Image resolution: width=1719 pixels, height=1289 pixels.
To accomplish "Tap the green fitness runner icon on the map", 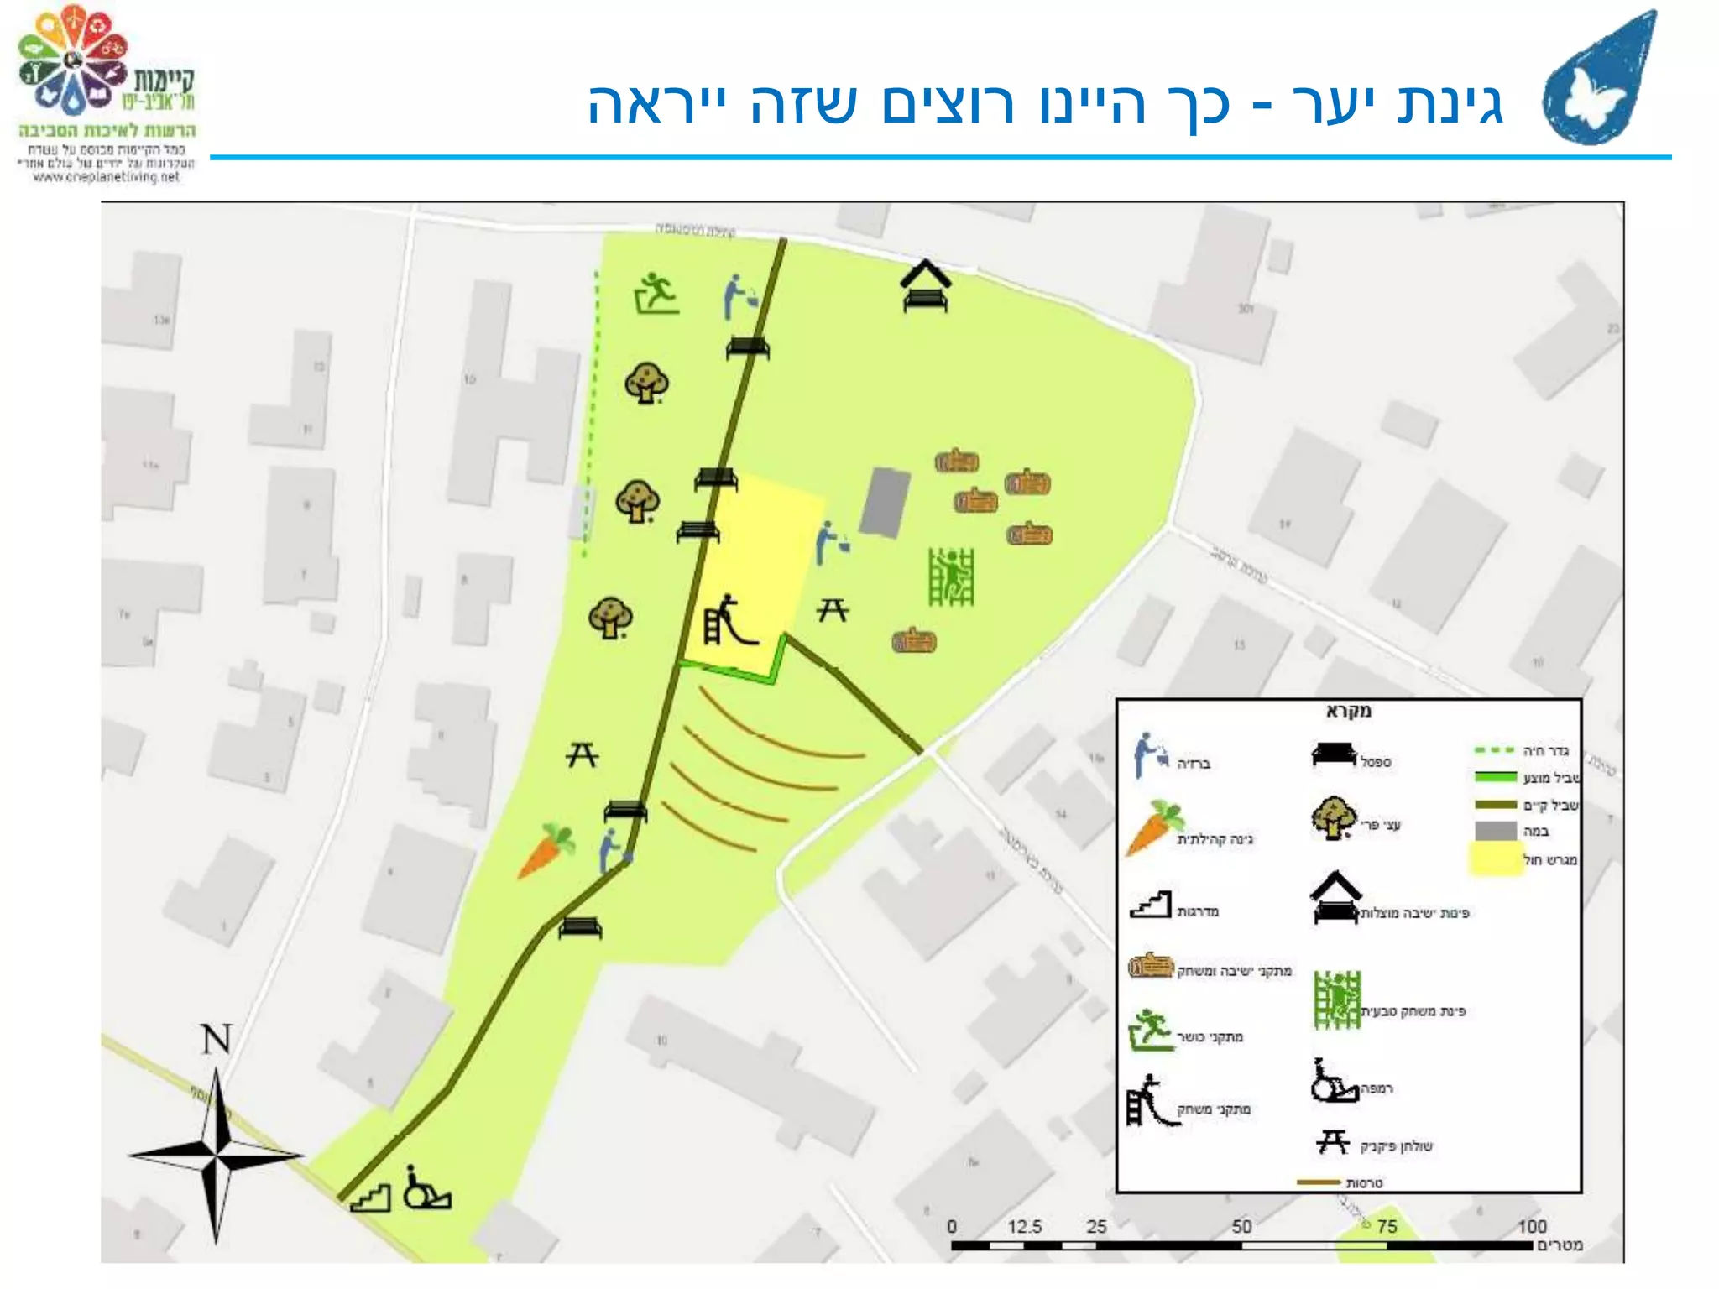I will pos(656,293).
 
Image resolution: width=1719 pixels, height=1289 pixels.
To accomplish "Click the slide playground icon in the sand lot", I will pos(729,620).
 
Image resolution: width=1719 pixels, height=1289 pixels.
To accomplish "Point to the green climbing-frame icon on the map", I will pos(951,577).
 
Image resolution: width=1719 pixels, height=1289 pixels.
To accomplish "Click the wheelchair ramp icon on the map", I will pos(426,1188).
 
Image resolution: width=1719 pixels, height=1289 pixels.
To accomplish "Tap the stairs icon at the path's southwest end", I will pos(371,1198).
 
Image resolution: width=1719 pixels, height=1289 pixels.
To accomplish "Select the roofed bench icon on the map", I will pos(926,286).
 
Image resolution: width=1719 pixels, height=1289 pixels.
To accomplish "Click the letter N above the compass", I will pos(217,1040).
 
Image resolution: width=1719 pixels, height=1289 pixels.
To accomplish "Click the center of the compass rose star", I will pos(217,1156).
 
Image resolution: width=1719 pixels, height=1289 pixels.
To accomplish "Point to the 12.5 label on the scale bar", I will pos(1024,1227).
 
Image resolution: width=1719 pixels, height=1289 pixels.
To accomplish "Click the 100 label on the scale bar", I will pos(1532,1227).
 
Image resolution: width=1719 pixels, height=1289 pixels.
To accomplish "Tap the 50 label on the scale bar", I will pos(1241,1227).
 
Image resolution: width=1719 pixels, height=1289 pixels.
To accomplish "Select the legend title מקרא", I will pos(1348,711).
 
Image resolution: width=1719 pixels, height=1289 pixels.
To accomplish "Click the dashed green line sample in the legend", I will pos(1494,749).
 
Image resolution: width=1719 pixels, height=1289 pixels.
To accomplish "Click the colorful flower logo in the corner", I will pos(73,60).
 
